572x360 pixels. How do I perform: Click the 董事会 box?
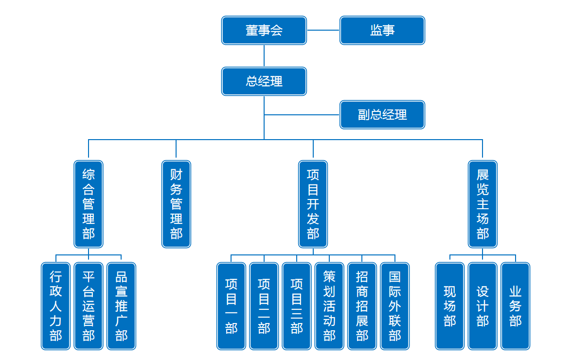(x=264, y=30)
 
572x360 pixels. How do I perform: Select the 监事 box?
(x=382, y=30)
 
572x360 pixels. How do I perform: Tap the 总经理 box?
(x=264, y=81)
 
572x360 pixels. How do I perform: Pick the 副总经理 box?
(x=382, y=115)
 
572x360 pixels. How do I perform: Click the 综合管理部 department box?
(x=89, y=204)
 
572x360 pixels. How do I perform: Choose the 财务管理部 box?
(x=176, y=204)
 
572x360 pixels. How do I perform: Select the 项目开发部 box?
(x=313, y=204)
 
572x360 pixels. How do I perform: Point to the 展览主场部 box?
(x=483, y=204)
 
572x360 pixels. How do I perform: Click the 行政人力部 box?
(x=56, y=306)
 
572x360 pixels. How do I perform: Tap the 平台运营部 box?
(x=89, y=306)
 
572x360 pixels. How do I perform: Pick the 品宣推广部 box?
(x=121, y=306)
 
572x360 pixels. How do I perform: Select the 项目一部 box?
(x=231, y=306)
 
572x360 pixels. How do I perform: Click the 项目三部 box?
(x=297, y=306)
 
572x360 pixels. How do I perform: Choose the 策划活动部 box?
(x=329, y=306)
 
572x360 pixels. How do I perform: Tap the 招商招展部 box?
(x=362, y=306)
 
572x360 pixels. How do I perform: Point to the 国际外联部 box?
(x=395, y=306)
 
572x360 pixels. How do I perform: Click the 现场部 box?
(x=450, y=306)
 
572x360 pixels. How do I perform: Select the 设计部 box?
(x=483, y=306)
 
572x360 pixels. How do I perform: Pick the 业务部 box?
(x=516, y=306)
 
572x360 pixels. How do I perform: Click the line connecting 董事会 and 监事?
(x=323, y=30)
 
